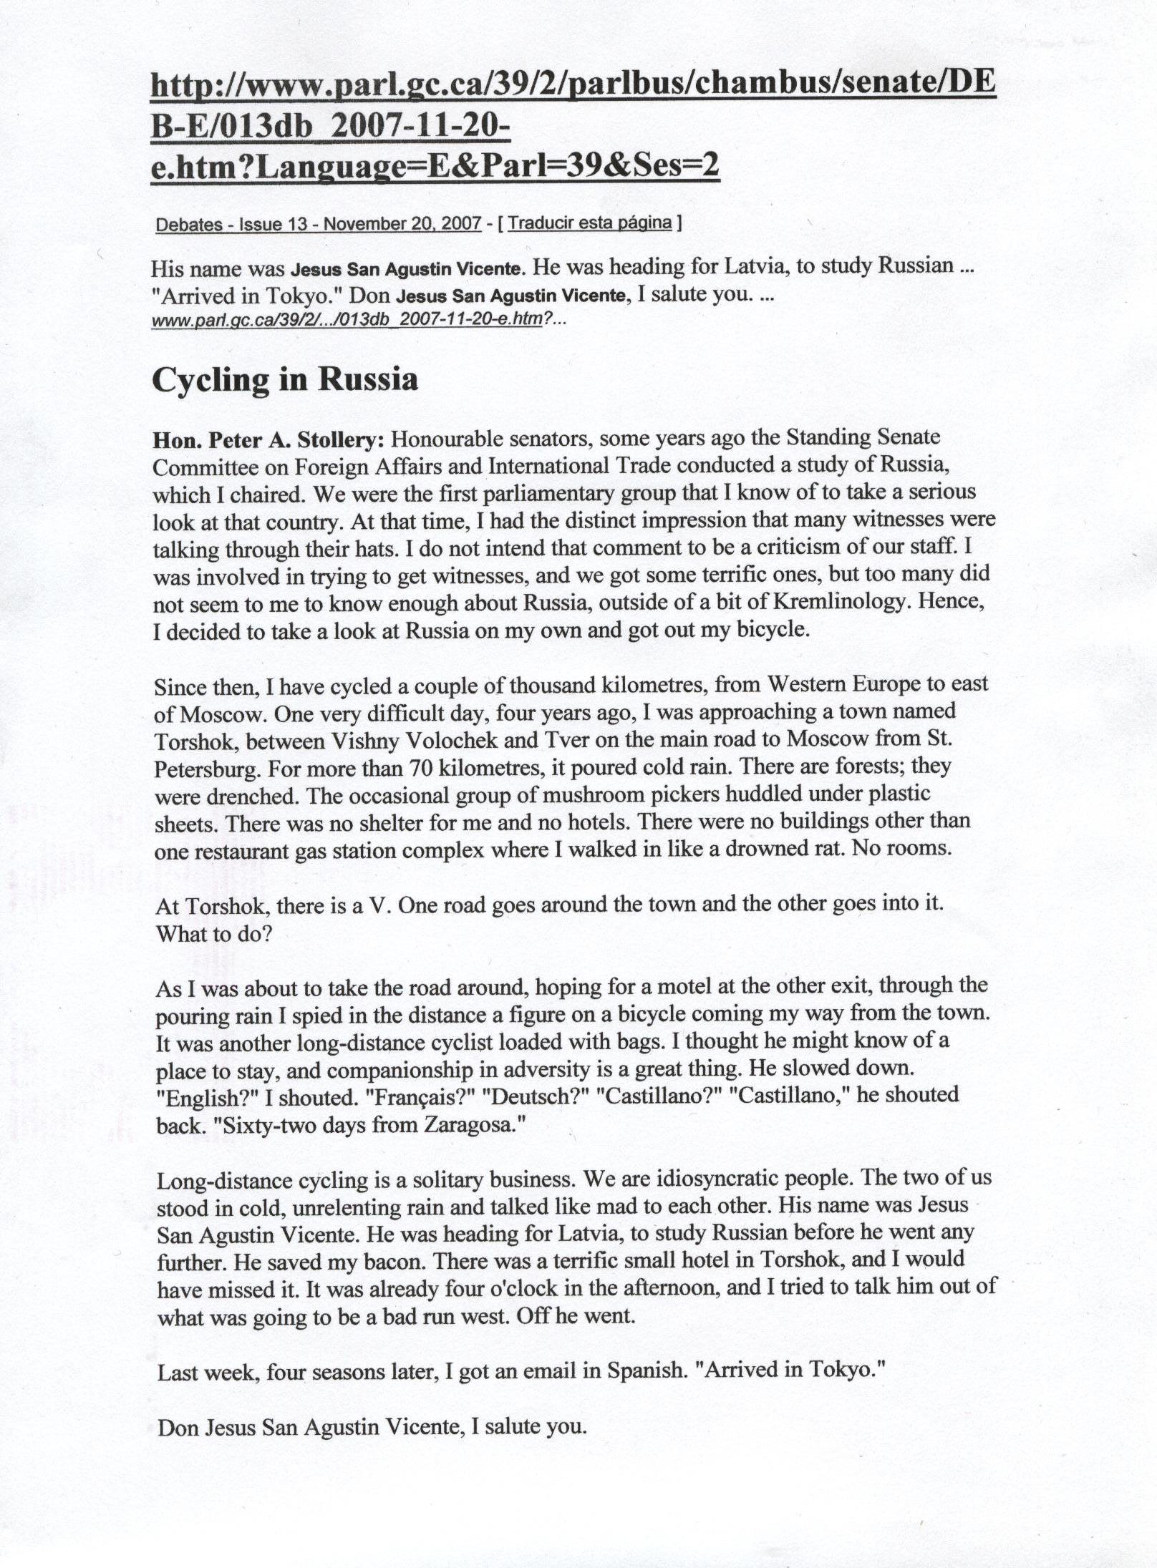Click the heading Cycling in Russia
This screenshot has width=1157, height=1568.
[x=284, y=379]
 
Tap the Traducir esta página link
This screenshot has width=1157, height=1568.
[x=590, y=223]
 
